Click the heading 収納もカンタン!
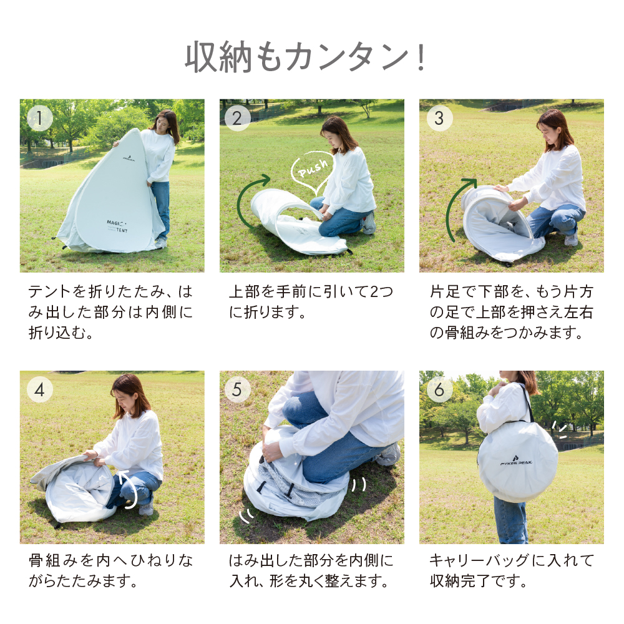pos(306,57)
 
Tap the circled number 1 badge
pos(40,118)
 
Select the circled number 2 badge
pos(237,118)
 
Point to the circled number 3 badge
pos(439,118)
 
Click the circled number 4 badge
pos(40,389)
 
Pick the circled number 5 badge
pos(237,389)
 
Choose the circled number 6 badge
pos(439,389)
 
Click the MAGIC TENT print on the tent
pos(117,226)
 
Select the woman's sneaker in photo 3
pos(571,239)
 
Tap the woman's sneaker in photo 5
pos(389,455)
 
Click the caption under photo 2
pos(311,301)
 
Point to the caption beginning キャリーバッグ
pos(512,571)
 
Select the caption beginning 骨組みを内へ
pos(110,571)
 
